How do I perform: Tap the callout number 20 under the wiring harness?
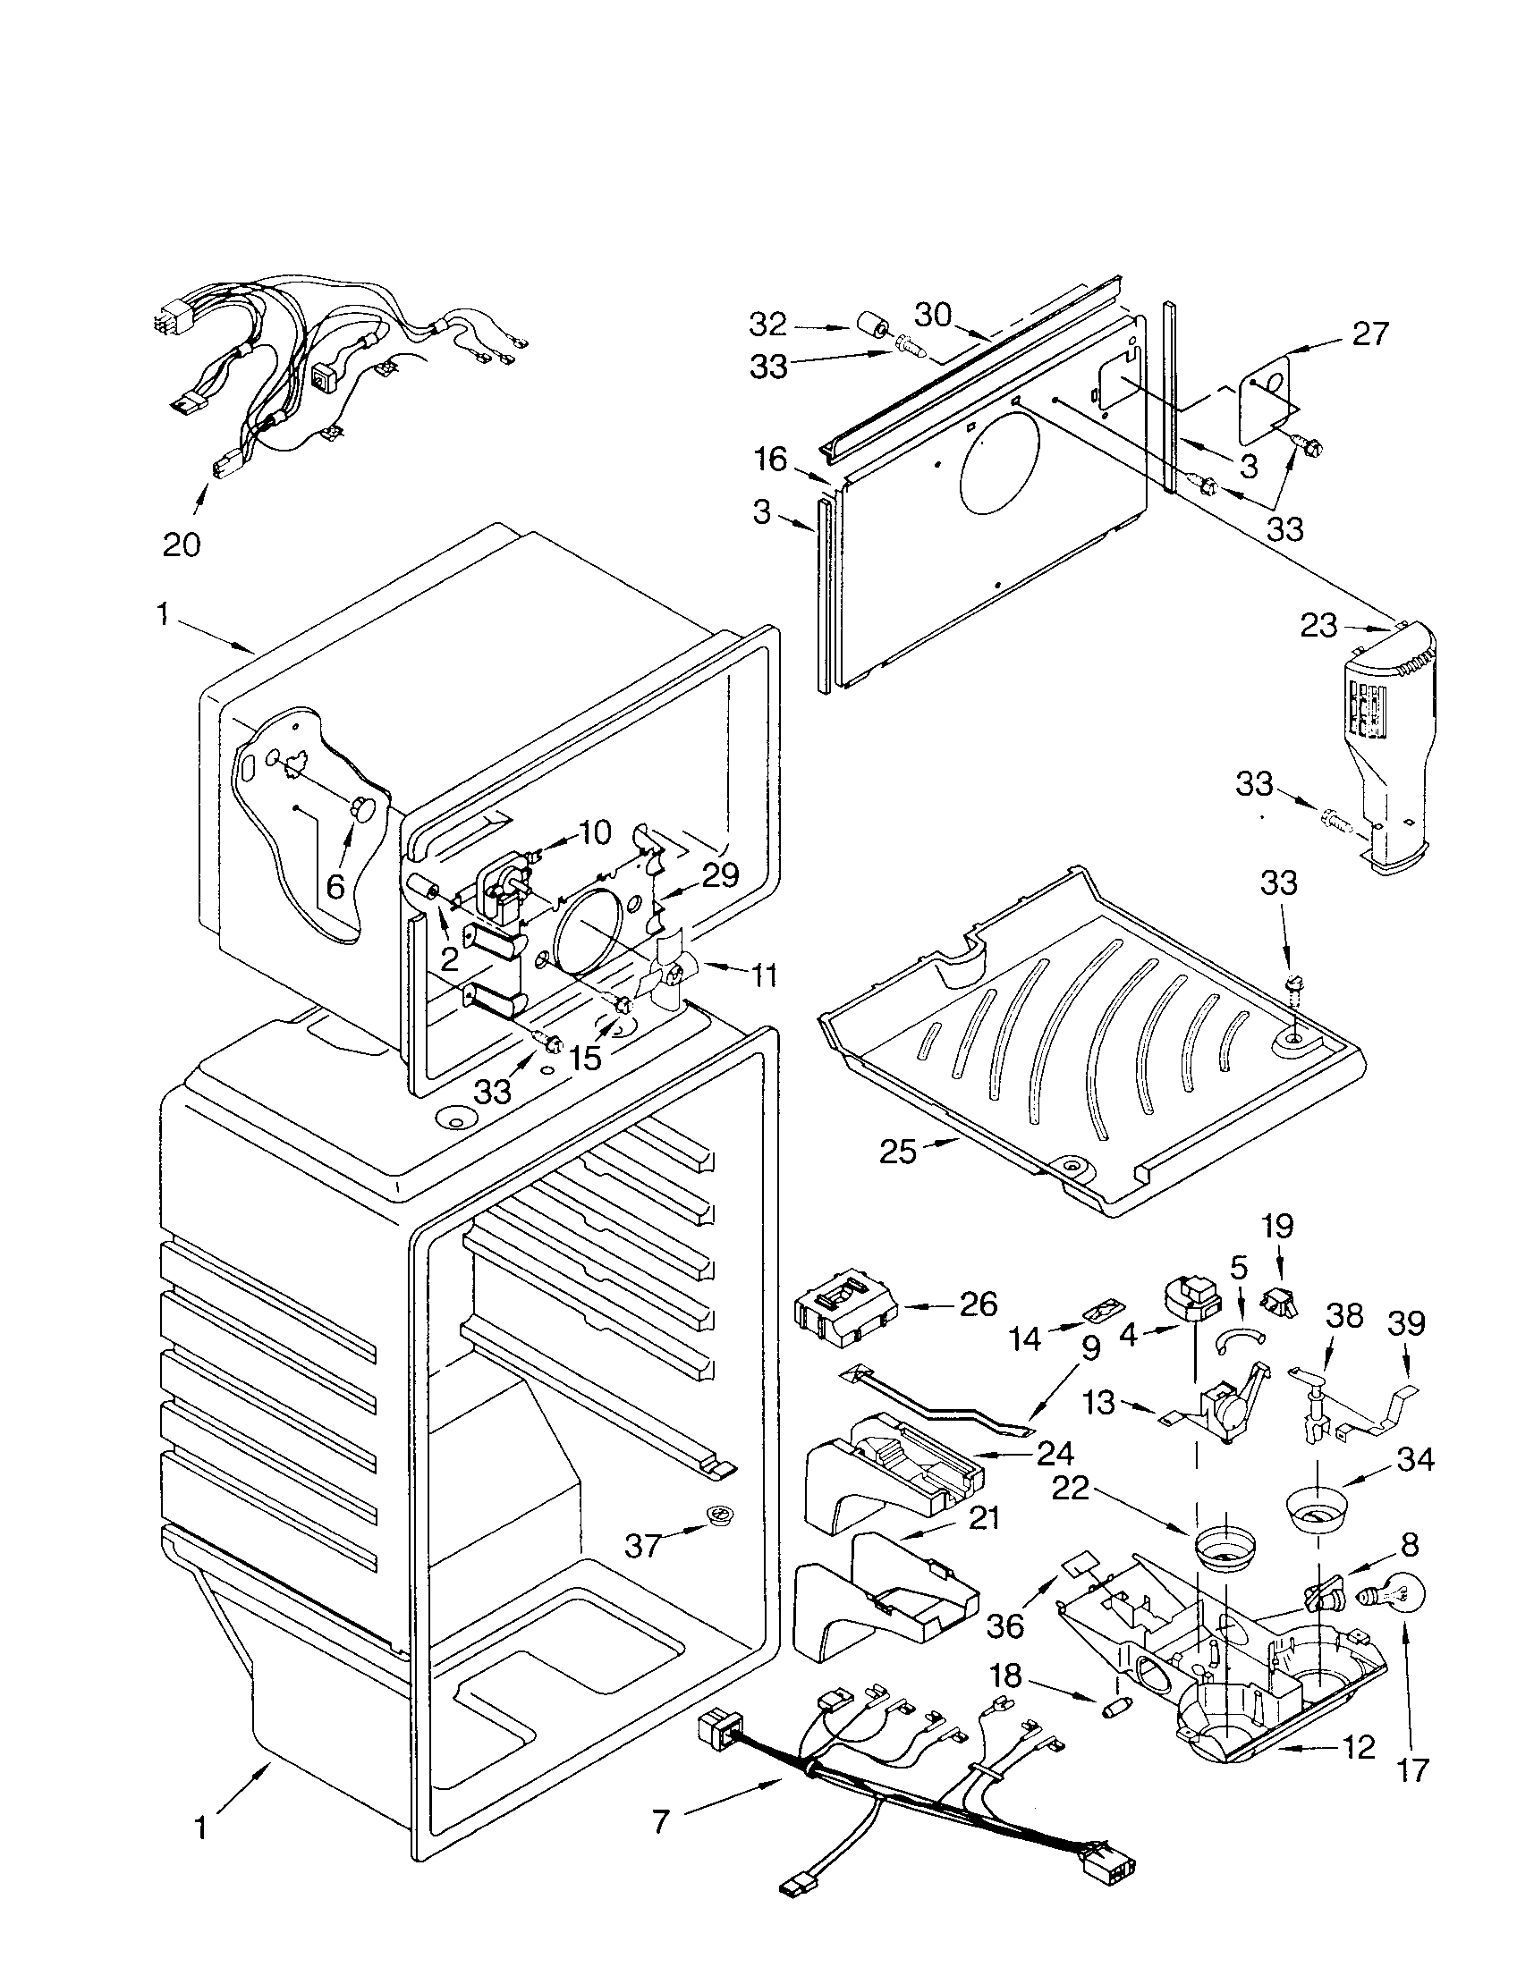coord(181,544)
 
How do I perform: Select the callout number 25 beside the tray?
coord(897,1151)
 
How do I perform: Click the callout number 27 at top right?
coord(1370,334)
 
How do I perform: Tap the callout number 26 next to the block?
coord(979,1304)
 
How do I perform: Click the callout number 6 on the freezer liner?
coord(335,886)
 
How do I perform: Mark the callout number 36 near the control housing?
coord(1005,1625)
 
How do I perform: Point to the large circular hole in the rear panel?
coord(1000,460)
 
